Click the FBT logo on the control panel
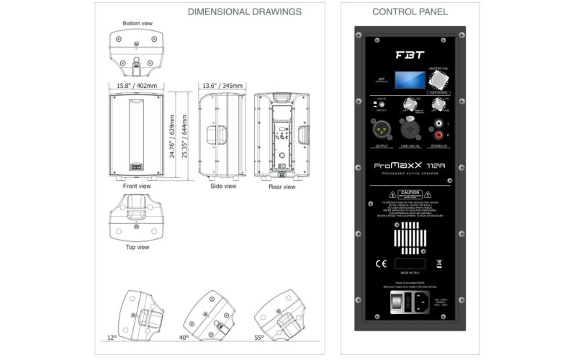coord(408,54)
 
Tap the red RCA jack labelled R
coord(438,135)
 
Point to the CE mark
coord(381,263)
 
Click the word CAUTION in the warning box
coord(410,194)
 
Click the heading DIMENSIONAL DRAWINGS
coord(245,12)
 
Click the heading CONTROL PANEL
coord(410,12)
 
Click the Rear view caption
coord(282,187)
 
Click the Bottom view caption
coord(138,23)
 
